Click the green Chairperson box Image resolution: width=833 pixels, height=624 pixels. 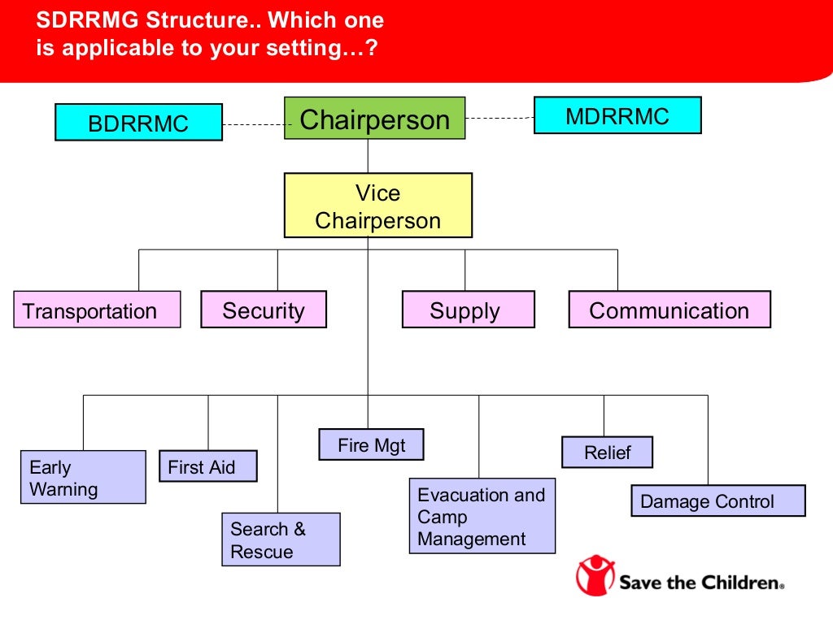pyautogui.click(x=374, y=119)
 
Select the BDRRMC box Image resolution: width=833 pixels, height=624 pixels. pyautogui.click(x=138, y=123)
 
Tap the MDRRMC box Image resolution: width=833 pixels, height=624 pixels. pyautogui.click(x=617, y=115)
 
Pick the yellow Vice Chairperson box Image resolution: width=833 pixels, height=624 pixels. pyautogui.click(x=377, y=206)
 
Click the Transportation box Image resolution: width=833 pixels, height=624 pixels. pyautogui.click(x=97, y=310)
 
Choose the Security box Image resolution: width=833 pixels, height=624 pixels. pyautogui.click(x=264, y=310)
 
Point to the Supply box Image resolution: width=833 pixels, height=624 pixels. pyautogui.click(x=468, y=310)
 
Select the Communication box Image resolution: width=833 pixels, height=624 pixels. pyautogui.click(x=669, y=310)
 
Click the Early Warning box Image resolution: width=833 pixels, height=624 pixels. pyautogui.click(x=83, y=478)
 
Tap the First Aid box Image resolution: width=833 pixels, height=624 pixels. pyautogui.click(x=207, y=466)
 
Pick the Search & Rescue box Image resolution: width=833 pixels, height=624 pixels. pyautogui.click(x=281, y=539)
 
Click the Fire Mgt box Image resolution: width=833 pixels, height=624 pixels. pyautogui.click(x=371, y=444)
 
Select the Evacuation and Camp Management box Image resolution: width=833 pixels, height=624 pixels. pyautogui.click(x=482, y=517)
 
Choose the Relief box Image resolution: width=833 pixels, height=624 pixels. pyautogui.click(x=607, y=453)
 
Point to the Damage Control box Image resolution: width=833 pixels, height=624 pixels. pyautogui.click(x=717, y=500)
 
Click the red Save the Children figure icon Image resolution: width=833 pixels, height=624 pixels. pyautogui.click(x=595, y=574)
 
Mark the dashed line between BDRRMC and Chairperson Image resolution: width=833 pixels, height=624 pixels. pyautogui.click(x=253, y=124)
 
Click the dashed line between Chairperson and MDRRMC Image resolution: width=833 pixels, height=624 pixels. pyautogui.click(x=499, y=118)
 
